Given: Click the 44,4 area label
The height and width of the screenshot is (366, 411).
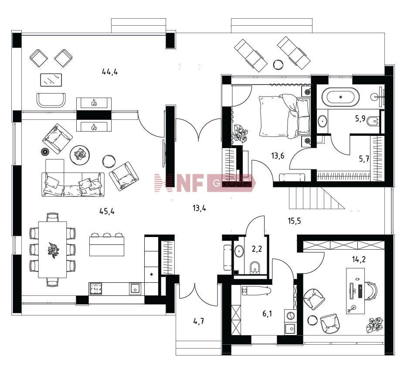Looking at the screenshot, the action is [110, 71].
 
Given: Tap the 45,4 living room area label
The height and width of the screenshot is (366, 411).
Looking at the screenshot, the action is [107, 211].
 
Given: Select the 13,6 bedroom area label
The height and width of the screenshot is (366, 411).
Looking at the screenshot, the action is [278, 156].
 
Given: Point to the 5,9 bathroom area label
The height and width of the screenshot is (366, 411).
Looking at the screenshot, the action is [360, 119].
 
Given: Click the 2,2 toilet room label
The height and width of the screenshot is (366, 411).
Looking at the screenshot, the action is [257, 249].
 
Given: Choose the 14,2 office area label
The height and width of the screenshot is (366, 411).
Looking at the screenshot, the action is [359, 259].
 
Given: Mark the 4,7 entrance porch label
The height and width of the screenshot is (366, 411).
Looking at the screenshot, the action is [199, 321].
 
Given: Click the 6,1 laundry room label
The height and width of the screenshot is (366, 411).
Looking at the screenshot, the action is [267, 313].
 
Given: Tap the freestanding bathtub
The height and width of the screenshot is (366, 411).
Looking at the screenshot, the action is [340, 97].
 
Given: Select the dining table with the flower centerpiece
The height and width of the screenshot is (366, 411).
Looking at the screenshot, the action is [52, 249].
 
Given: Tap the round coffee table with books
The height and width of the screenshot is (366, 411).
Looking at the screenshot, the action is [80, 155].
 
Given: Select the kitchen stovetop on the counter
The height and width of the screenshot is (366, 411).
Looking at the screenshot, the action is [96, 289].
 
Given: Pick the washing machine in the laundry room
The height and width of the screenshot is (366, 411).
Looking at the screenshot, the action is [290, 316].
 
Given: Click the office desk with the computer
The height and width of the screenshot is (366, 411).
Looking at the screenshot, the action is [355, 291].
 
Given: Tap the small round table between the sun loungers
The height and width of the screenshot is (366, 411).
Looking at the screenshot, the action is [278, 64].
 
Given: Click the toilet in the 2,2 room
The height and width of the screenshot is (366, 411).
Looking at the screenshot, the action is [254, 268].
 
